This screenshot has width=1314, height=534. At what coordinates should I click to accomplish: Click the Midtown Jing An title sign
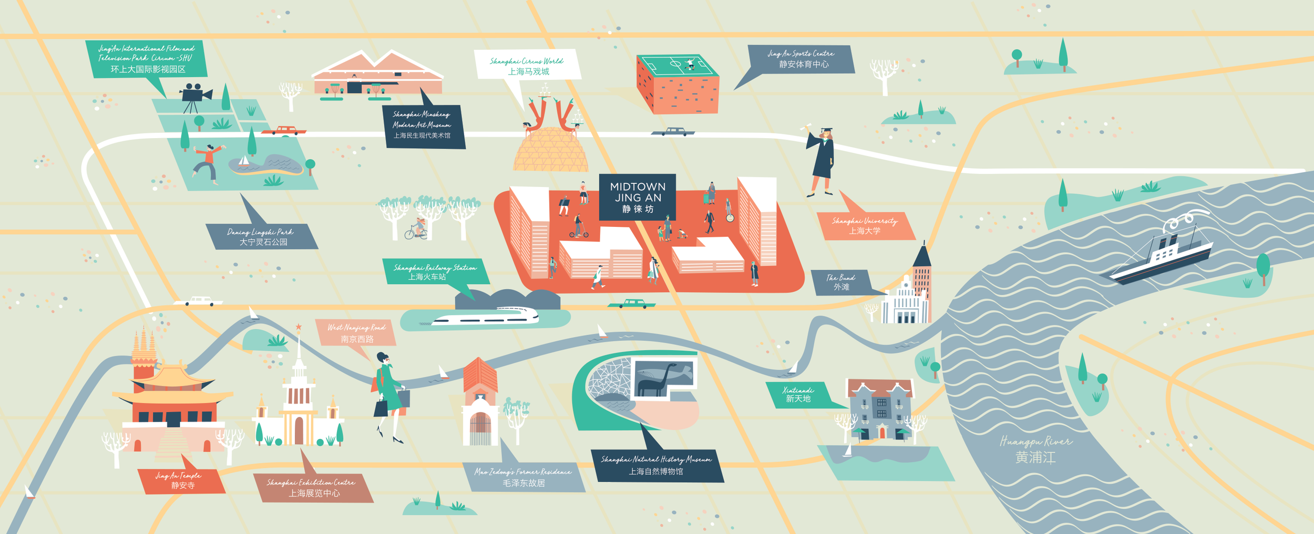point(637,197)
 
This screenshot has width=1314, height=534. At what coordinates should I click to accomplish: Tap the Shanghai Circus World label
point(527,66)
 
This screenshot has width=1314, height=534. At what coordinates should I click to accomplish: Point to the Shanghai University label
point(865,226)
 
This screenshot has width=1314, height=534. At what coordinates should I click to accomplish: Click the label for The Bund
point(840,282)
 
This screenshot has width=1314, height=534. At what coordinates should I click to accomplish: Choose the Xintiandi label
point(798,394)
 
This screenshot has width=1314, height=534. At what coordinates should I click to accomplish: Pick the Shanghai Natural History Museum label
point(656,465)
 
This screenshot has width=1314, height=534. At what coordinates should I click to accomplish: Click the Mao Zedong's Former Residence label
point(523,477)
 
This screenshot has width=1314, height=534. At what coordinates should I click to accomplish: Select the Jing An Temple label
point(181,480)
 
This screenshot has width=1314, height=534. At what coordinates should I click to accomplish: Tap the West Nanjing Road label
point(356,333)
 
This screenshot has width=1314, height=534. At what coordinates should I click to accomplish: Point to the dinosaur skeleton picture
point(664,378)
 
